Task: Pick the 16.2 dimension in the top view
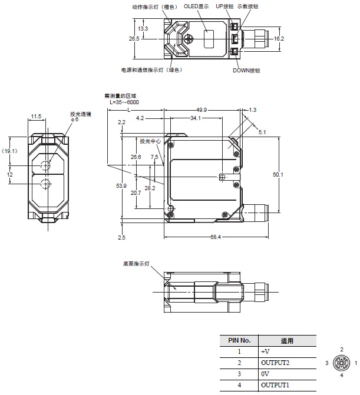point(279,38)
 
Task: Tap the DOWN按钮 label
point(246,71)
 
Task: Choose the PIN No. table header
point(239,340)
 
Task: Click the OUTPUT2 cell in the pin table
point(275,362)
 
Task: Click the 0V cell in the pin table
point(265,373)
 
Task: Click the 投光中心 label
point(150,141)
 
